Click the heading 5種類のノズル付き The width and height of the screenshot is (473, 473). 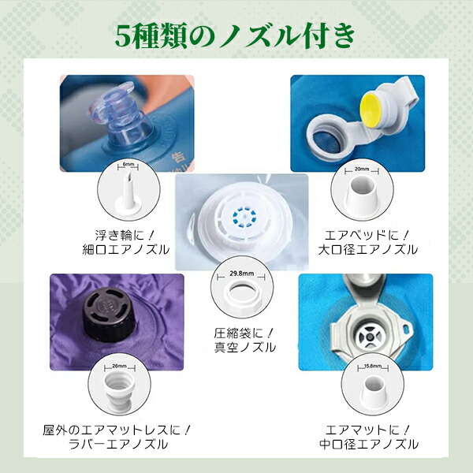point(236,35)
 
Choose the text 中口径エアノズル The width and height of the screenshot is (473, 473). point(371,445)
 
